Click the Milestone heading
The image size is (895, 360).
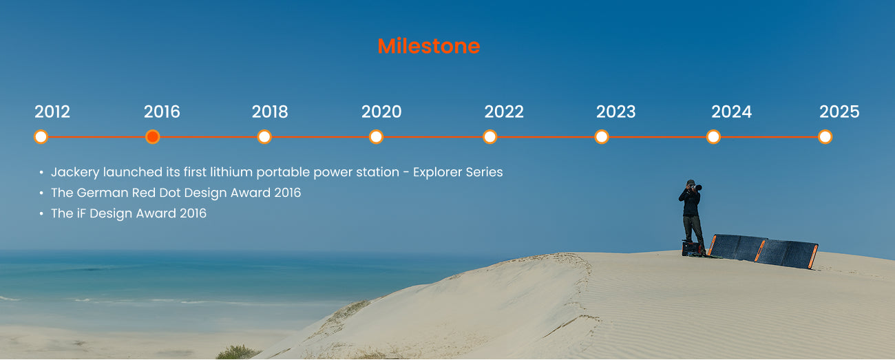[x=429, y=46]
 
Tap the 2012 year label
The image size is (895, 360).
[x=52, y=112]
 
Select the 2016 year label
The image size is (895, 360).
[x=162, y=112]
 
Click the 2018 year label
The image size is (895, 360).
[x=270, y=112]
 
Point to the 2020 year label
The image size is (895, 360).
[x=381, y=112]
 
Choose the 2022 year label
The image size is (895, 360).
[x=504, y=112]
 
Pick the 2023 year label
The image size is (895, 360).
[x=615, y=112]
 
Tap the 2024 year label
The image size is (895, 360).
[x=731, y=112]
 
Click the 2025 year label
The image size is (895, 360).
[x=839, y=112]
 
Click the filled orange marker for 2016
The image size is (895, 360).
[x=153, y=137]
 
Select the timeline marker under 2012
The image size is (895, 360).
[x=41, y=137]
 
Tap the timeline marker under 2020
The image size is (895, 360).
[x=376, y=137]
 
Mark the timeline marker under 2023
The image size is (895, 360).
[x=602, y=137]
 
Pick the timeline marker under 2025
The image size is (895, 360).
[x=825, y=137]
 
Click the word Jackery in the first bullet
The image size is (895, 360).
[x=75, y=172]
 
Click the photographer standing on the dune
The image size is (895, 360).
[x=692, y=218]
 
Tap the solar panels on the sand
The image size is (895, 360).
[x=763, y=251]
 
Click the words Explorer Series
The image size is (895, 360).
[x=458, y=172]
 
